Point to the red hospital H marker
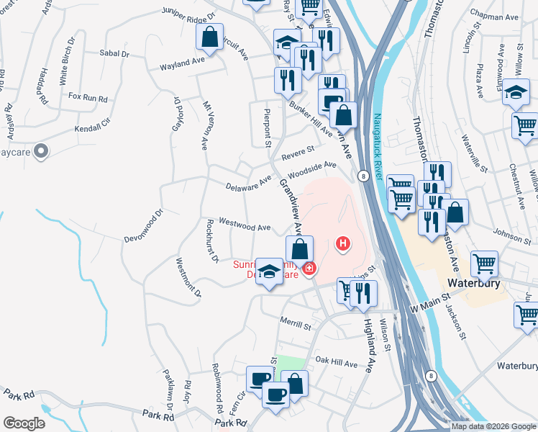coord(344,245)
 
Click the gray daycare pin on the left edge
coord(41,152)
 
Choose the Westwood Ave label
coord(245,226)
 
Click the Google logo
coord(24,423)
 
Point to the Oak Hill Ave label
coord(336,364)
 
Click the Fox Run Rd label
coord(87,96)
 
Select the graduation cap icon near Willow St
coord(516,93)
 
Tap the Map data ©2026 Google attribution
coord(493,426)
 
